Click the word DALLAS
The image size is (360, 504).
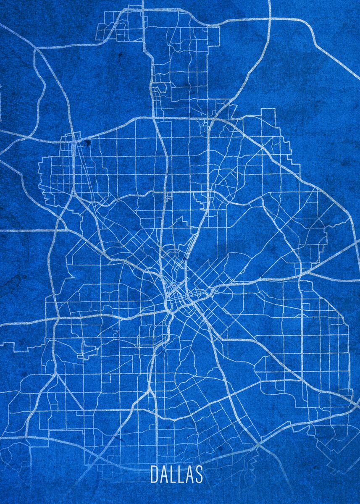click(x=176, y=474)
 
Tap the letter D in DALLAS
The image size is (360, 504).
click(x=154, y=474)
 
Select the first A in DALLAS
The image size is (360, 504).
click(x=164, y=474)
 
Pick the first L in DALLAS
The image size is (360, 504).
click(x=173, y=474)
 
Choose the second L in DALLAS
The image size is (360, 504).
click(x=180, y=474)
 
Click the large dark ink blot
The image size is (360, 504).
click(x=87, y=144)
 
